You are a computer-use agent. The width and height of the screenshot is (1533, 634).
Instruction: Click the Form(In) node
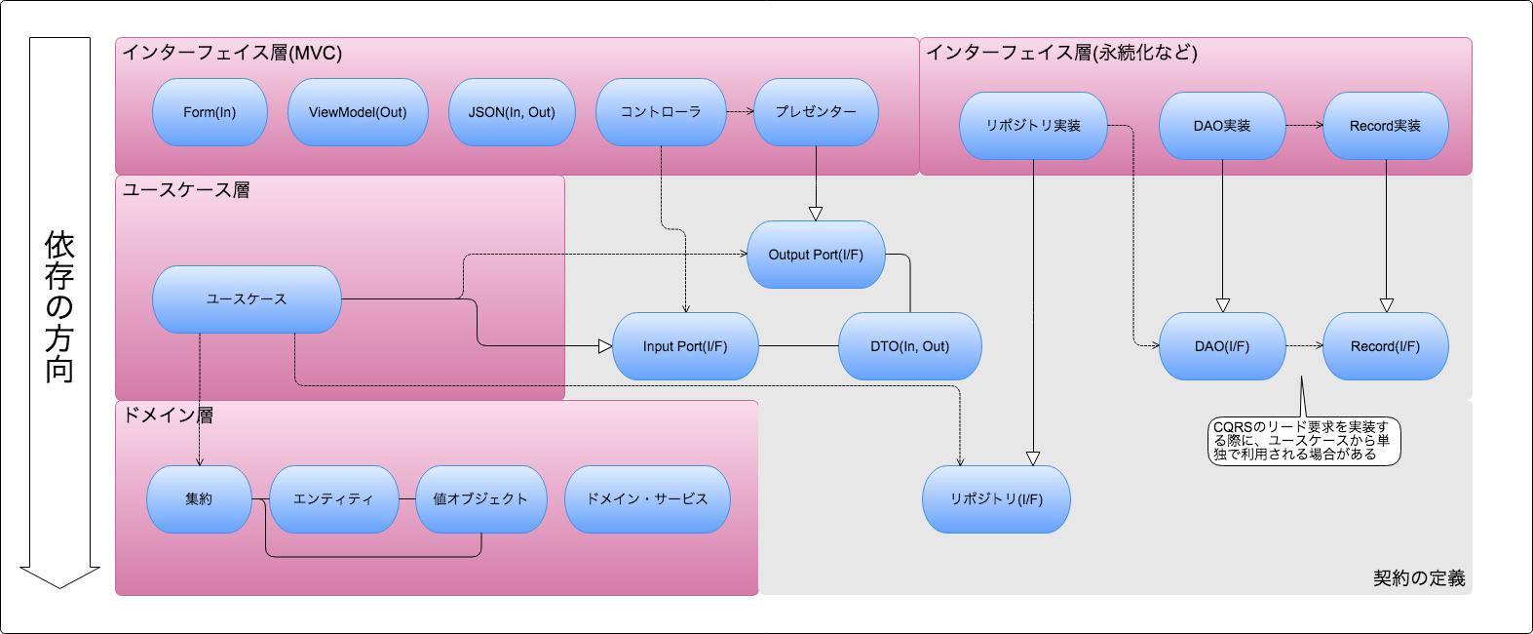210,112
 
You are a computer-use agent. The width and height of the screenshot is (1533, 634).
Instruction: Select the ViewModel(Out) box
358,112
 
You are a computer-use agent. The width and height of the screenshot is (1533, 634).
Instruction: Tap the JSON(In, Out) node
512,112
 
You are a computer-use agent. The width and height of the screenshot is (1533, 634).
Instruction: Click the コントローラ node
661,112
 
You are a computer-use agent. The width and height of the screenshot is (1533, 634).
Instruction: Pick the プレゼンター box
816,112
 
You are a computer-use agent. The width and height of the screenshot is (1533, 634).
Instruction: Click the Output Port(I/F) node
816,255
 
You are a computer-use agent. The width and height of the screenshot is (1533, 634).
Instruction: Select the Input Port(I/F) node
685,346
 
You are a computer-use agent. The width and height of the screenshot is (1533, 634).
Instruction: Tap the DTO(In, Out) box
909,346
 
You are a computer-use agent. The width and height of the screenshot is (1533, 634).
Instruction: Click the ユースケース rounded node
247,299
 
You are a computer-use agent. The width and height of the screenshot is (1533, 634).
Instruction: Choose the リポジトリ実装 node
1033,126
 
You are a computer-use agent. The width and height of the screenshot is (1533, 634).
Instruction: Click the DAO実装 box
1222,126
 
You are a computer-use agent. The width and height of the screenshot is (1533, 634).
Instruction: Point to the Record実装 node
1385,126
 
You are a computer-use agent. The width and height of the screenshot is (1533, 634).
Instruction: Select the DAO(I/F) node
1222,346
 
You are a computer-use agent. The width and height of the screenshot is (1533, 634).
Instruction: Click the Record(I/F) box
1385,346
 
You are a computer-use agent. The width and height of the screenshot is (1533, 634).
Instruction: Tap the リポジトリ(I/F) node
996,499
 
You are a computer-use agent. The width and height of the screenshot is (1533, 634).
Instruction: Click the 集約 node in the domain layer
199,499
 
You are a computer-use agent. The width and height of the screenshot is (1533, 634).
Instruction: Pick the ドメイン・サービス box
647,499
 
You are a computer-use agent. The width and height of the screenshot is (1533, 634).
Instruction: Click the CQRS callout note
1303,441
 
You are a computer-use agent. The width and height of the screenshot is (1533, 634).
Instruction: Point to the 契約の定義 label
1419,578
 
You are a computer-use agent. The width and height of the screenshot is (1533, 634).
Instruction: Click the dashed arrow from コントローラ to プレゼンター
741,111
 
